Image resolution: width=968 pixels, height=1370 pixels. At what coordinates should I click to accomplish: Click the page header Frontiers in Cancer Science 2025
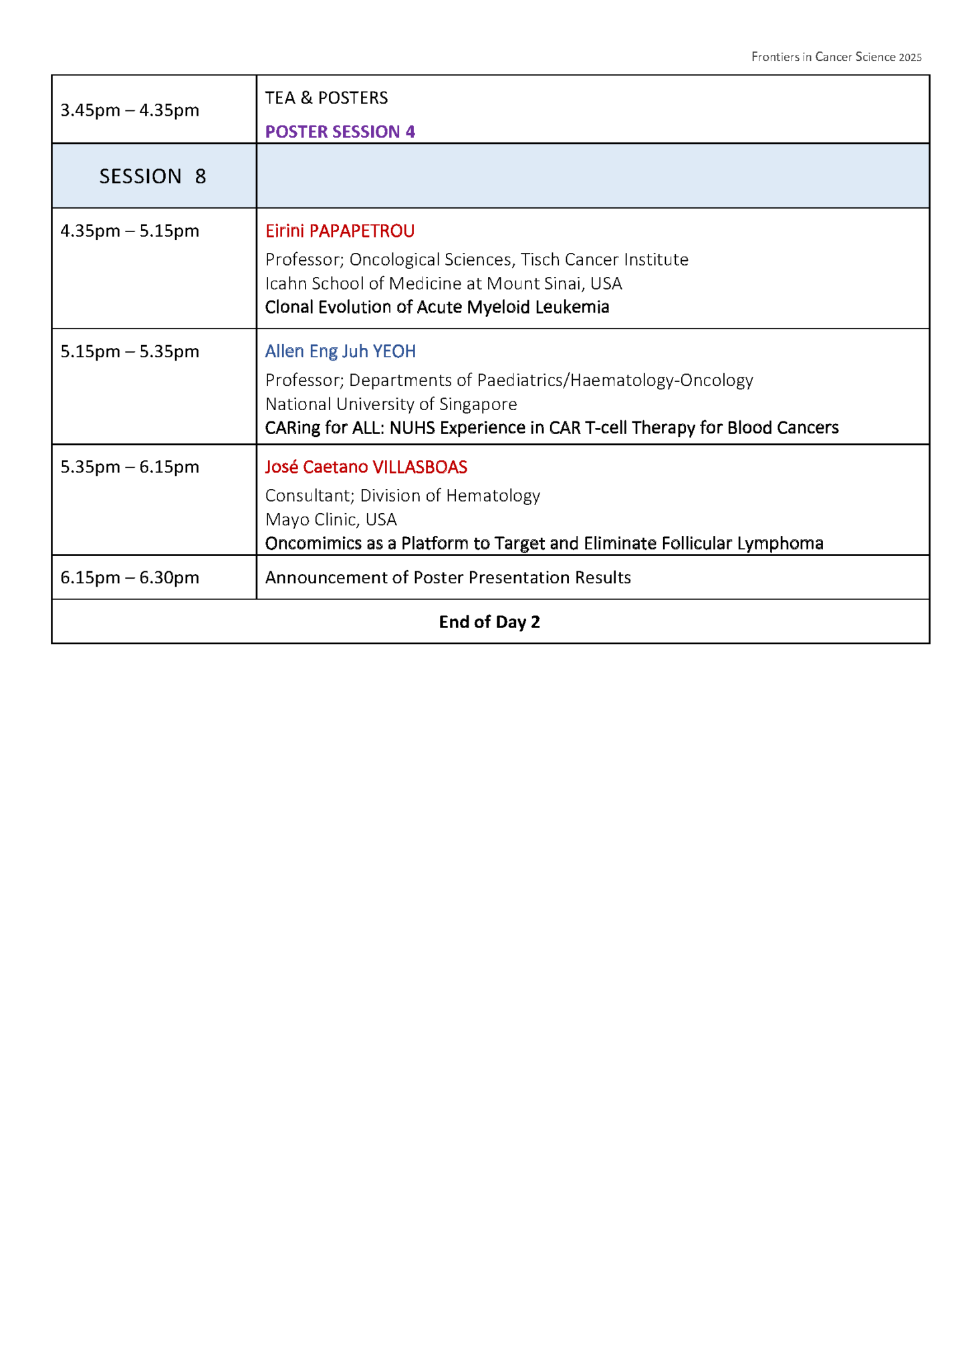tap(836, 57)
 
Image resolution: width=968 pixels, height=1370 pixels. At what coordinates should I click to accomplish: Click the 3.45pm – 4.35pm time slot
tap(130, 110)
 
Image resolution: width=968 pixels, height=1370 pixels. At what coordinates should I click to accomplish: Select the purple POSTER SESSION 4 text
tap(340, 131)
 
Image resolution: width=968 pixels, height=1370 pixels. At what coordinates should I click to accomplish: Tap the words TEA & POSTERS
tap(326, 98)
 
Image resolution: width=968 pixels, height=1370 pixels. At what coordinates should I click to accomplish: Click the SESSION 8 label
tap(152, 176)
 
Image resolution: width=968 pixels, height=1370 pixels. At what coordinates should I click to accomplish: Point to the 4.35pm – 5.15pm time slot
tap(130, 231)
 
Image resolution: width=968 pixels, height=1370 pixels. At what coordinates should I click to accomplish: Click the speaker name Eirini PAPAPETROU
tap(340, 231)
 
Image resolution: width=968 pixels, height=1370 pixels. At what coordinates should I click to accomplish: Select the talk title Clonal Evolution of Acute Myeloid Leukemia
tap(437, 307)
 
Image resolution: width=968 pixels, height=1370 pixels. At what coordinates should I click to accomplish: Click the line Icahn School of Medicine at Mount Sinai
tap(443, 284)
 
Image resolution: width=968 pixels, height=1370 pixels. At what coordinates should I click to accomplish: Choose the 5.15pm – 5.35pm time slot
tap(130, 351)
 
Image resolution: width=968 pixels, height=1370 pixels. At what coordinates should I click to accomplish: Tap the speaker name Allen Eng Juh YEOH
tap(340, 351)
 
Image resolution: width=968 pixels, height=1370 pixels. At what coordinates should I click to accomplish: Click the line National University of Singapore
tap(391, 404)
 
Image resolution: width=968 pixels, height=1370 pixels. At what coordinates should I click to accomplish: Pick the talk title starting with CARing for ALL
tap(552, 427)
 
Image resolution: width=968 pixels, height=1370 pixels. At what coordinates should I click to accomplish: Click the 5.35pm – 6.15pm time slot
tap(130, 466)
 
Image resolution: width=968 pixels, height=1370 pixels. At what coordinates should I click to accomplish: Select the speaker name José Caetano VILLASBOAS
tap(366, 467)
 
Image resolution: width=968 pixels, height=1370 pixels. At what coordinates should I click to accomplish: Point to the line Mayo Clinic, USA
tap(331, 519)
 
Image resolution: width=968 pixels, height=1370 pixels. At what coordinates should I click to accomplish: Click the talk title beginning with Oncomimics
tap(543, 543)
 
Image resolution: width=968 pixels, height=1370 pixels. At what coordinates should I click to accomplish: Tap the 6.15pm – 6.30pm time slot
tap(130, 577)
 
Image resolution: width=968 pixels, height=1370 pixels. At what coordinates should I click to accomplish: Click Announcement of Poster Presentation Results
tap(448, 577)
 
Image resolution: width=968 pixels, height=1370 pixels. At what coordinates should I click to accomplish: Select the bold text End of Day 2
tap(489, 622)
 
